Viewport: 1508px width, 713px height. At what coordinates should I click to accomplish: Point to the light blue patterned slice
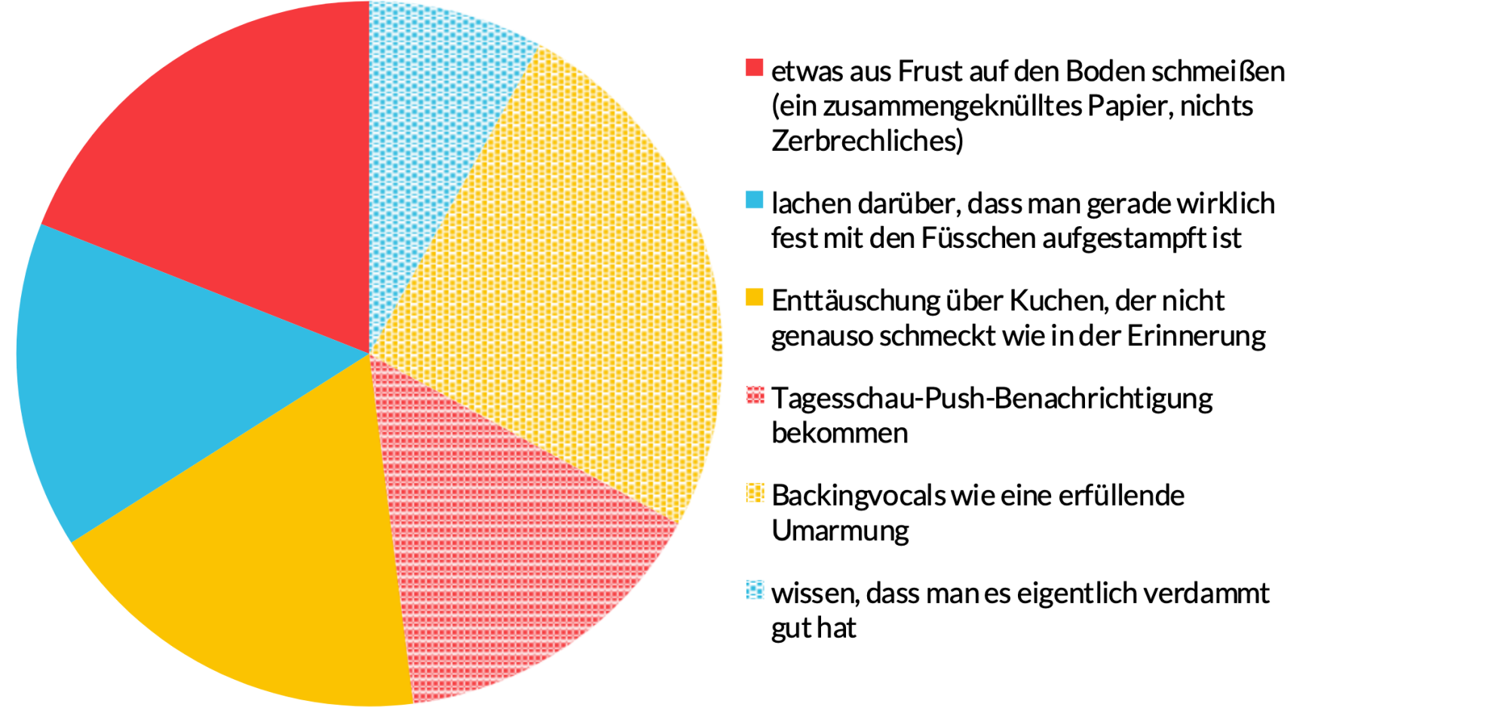click(x=430, y=113)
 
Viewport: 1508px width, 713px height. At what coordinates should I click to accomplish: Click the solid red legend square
click(x=754, y=68)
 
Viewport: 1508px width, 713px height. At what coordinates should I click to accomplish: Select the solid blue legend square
click(x=754, y=200)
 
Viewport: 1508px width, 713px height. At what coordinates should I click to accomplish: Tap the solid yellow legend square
click(x=754, y=297)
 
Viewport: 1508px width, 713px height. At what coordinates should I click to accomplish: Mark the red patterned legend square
click(x=754, y=394)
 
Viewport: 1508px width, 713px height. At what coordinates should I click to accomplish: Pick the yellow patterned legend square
click(x=754, y=492)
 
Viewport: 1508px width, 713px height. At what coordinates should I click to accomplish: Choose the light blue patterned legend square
click(x=754, y=589)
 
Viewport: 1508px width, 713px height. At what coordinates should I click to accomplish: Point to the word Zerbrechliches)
click(x=867, y=141)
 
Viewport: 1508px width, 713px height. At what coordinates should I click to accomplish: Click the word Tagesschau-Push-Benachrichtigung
click(x=992, y=399)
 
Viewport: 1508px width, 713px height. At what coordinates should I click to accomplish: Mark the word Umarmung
click(x=840, y=531)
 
